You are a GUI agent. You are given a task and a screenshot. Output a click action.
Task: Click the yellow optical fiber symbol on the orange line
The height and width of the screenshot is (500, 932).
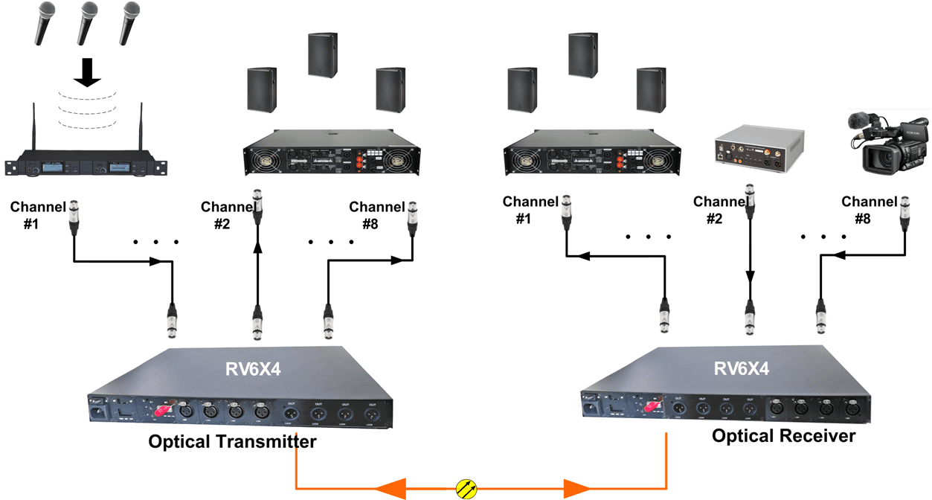466,489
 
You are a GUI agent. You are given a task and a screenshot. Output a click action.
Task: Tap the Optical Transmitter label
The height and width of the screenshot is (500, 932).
232,442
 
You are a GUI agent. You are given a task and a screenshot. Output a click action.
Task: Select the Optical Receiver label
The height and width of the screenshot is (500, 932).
783,435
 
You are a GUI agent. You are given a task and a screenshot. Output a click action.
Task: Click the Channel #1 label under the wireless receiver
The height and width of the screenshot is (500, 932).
39,215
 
